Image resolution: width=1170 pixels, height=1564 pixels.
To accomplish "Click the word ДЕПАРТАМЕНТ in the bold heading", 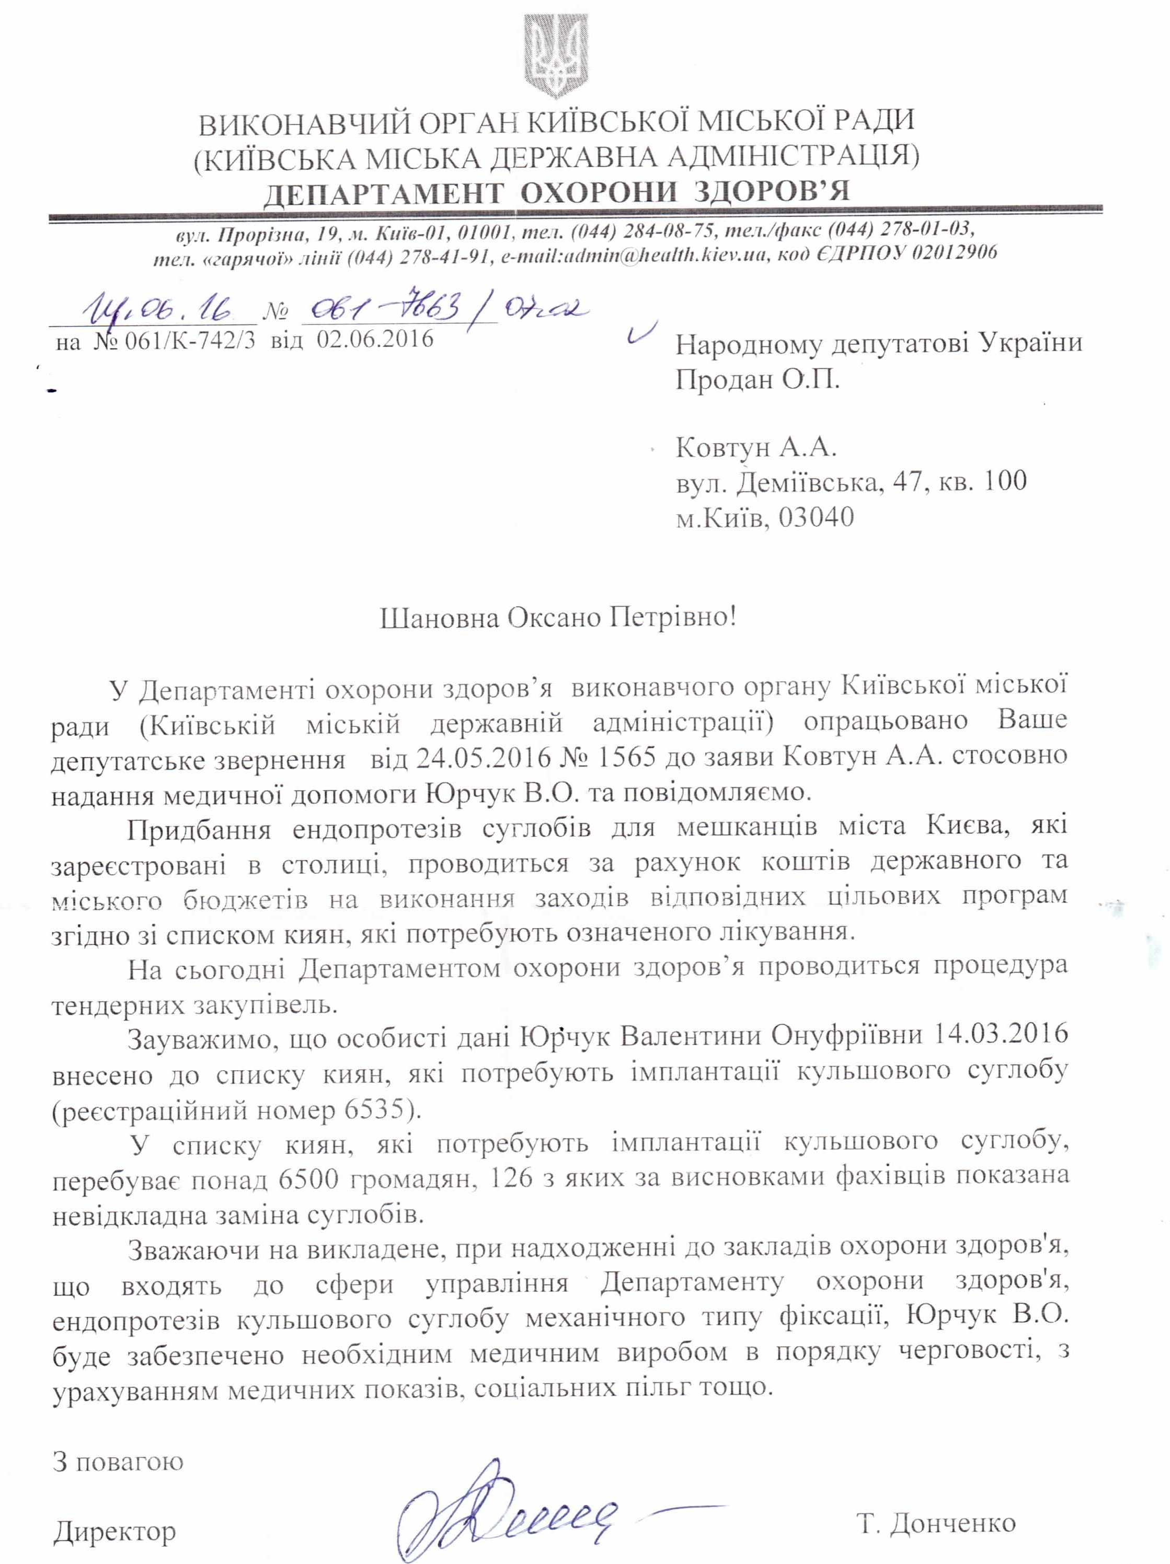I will [x=383, y=192].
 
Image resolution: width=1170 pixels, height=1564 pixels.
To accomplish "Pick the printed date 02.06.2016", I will [x=374, y=339].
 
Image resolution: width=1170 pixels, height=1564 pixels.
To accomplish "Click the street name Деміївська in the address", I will [x=828, y=483].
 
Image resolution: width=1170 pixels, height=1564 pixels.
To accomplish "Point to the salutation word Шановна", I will [x=440, y=619].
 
